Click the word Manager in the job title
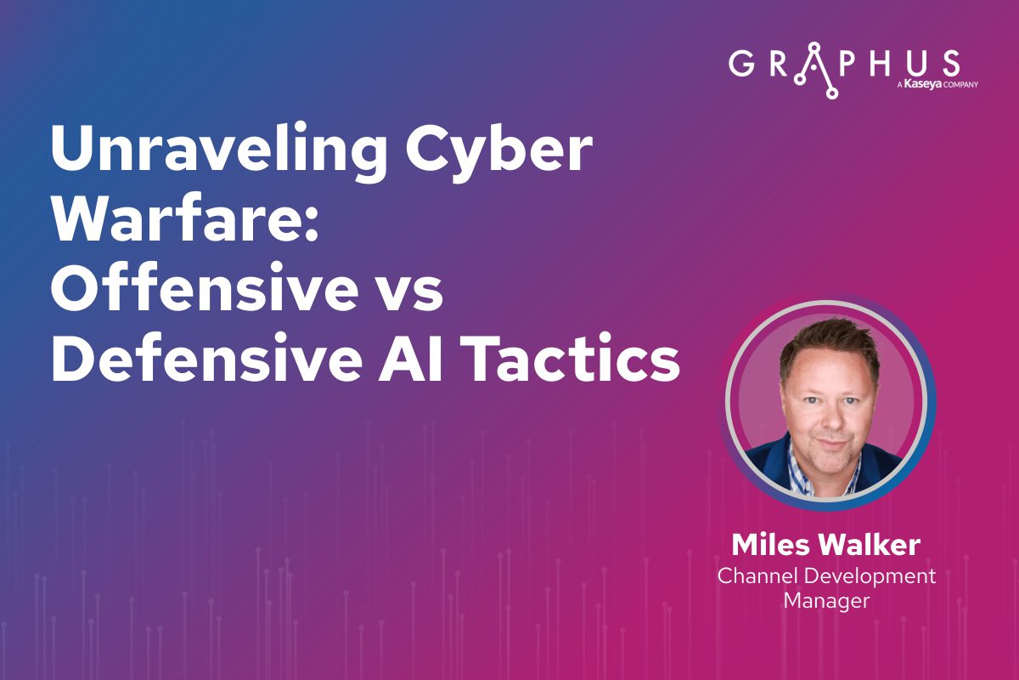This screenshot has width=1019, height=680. pos(826,601)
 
